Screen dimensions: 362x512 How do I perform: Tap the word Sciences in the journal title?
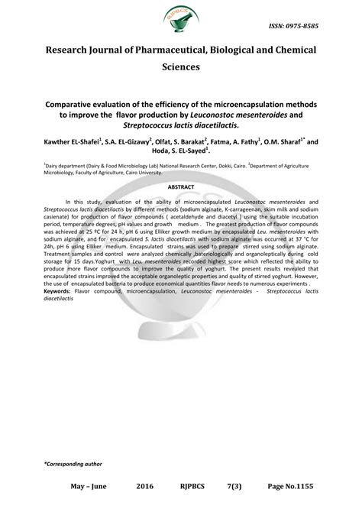point(180,66)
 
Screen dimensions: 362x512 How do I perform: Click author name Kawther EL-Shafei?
point(76,142)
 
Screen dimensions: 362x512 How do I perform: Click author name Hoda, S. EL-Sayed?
point(182,152)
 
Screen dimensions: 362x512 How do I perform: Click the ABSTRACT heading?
point(181,186)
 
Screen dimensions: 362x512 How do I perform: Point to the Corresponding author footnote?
point(73,464)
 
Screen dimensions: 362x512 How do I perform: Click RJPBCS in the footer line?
point(192,485)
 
